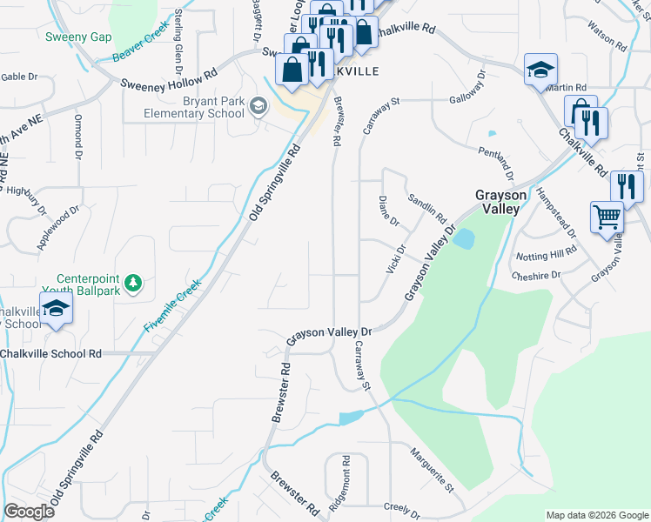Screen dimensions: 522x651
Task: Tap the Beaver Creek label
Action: point(140,49)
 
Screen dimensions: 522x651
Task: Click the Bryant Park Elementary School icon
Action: point(258,106)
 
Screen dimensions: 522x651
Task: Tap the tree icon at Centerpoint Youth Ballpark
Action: point(132,284)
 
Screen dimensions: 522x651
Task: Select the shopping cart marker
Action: point(607,217)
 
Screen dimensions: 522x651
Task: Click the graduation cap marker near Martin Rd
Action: point(540,70)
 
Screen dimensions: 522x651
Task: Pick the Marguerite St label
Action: point(433,467)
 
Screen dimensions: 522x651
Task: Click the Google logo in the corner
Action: point(30,512)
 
